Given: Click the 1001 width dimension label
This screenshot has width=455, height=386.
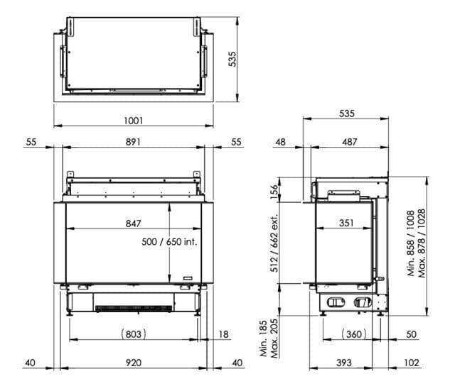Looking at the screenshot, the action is (x=134, y=121).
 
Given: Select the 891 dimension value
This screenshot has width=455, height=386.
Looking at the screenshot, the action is (x=133, y=142).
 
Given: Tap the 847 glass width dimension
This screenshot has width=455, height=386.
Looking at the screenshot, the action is (x=134, y=224).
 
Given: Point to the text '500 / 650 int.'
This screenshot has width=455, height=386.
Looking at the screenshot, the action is (x=169, y=242).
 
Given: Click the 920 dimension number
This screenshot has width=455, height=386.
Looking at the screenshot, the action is (x=134, y=363).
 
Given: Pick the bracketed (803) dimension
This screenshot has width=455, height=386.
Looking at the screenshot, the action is (x=133, y=334).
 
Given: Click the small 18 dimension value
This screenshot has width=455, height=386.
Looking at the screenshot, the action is (x=223, y=334).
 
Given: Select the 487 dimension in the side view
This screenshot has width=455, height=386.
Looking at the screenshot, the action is (x=349, y=142).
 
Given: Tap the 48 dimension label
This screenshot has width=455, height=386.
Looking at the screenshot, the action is (x=280, y=142).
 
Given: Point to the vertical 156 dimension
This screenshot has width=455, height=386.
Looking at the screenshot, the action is (x=274, y=192).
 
